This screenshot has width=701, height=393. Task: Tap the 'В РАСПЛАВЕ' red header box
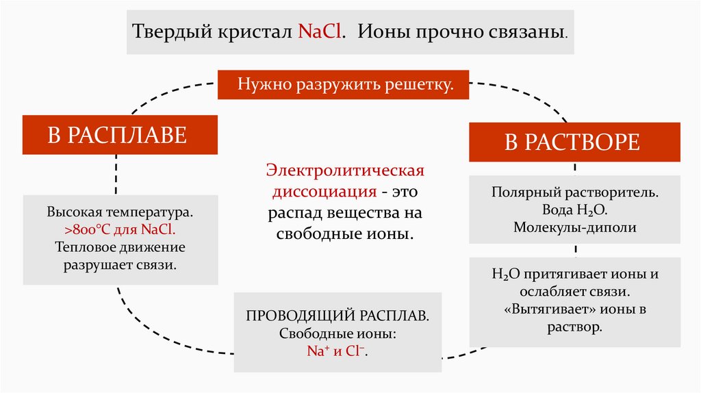(116, 134)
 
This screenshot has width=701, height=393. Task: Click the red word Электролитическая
(346, 169)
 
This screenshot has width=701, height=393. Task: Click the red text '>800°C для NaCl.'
(120, 229)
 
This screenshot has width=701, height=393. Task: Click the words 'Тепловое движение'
(120, 246)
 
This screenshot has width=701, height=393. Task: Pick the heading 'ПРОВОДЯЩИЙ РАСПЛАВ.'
(338, 318)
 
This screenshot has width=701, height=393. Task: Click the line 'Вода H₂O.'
(575, 210)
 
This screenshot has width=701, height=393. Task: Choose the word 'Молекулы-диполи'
(575, 227)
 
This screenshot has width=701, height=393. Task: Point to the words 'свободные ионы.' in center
(346, 233)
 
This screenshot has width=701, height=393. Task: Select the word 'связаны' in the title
(537, 32)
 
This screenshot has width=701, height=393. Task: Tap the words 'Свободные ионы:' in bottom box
(338, 335)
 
